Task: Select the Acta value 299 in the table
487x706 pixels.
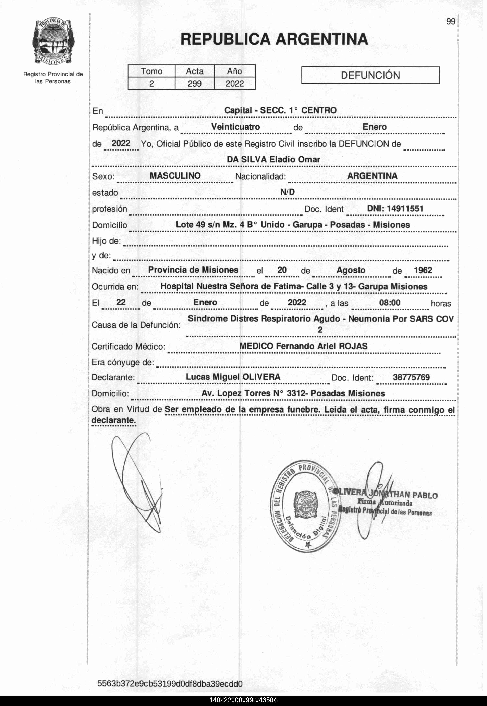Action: point(194,83)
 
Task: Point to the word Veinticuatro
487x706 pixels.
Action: point(235,127)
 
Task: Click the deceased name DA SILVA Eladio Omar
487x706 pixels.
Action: point(273,159)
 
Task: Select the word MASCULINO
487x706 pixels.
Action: point(175,176)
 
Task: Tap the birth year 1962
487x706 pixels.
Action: point(423,270)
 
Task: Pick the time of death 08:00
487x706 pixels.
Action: point(390,303)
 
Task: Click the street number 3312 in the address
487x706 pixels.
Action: point(296,393)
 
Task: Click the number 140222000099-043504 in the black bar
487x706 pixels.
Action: point(243,700)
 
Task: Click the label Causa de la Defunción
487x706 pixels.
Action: point(136,325)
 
